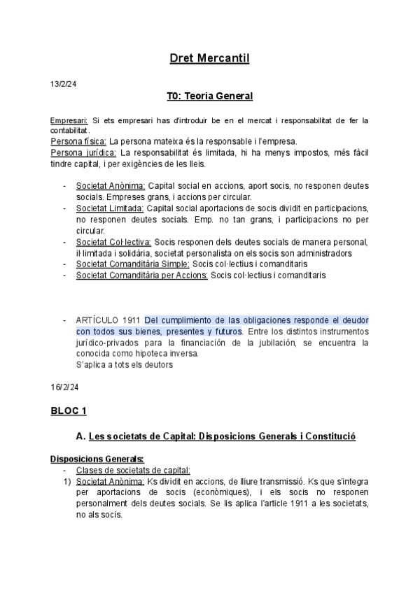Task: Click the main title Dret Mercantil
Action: [x=209, y=59]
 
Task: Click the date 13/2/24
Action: [x=63, y=84]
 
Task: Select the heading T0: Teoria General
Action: [x=209, y=96]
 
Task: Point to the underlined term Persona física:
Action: [x=78, y=140]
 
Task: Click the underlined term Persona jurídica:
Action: [x=83, y=152]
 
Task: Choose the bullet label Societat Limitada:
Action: [x=111, y=208]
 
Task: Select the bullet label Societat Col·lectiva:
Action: [x=114, y=242]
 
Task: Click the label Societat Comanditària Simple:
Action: [x=132, y=264]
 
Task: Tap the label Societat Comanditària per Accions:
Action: [x=141, y=276]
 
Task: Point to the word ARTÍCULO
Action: [x=97, y=320]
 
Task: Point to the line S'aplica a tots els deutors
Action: [x=123, y=364]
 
